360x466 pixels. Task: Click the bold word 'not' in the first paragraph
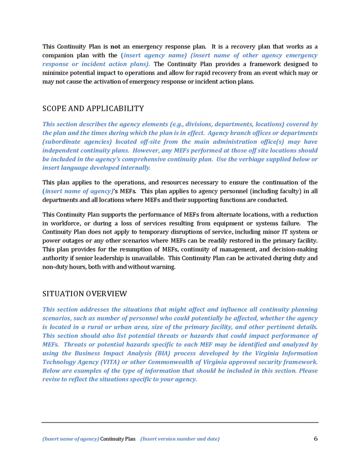(116, 47)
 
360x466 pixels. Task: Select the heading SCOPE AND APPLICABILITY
(93, 109)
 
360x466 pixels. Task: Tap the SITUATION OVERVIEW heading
(84, 294)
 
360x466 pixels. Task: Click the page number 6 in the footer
(315, 439)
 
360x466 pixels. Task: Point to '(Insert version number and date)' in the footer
(180, 440)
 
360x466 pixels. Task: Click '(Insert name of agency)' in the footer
(70, 440)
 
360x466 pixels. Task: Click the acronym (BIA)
(163, 353)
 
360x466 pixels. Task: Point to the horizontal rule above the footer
(180, 423)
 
